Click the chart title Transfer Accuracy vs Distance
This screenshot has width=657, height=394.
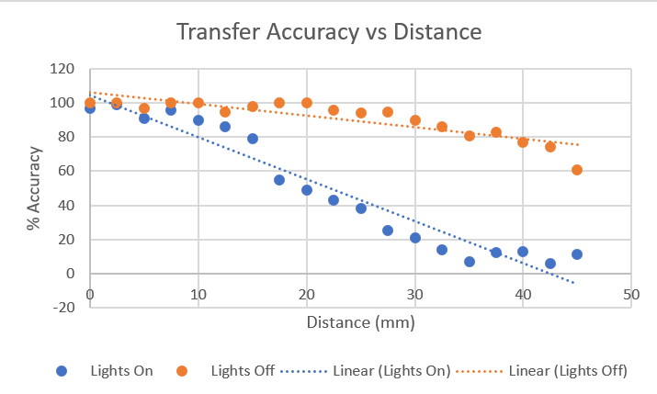click(328, 32)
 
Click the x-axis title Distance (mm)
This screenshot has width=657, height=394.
click(361, 322)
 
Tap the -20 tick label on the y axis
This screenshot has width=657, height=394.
click(63, 308)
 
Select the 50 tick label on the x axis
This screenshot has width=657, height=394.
click(630, 294)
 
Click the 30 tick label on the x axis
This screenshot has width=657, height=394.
click(414, 294)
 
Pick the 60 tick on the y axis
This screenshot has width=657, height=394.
click(66, 171)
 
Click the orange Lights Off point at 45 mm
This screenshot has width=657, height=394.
click(576, 170)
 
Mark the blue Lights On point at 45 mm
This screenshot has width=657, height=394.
click(576, 254)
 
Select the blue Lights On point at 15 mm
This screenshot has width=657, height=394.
click(253, 139)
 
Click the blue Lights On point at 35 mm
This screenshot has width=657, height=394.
click(469, 262)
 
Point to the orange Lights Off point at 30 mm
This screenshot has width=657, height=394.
click(415, 120)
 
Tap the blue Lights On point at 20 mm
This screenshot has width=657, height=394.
click(307, 190)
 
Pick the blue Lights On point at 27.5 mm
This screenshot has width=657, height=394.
click(388, 231)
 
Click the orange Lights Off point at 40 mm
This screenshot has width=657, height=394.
click(523, 142)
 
